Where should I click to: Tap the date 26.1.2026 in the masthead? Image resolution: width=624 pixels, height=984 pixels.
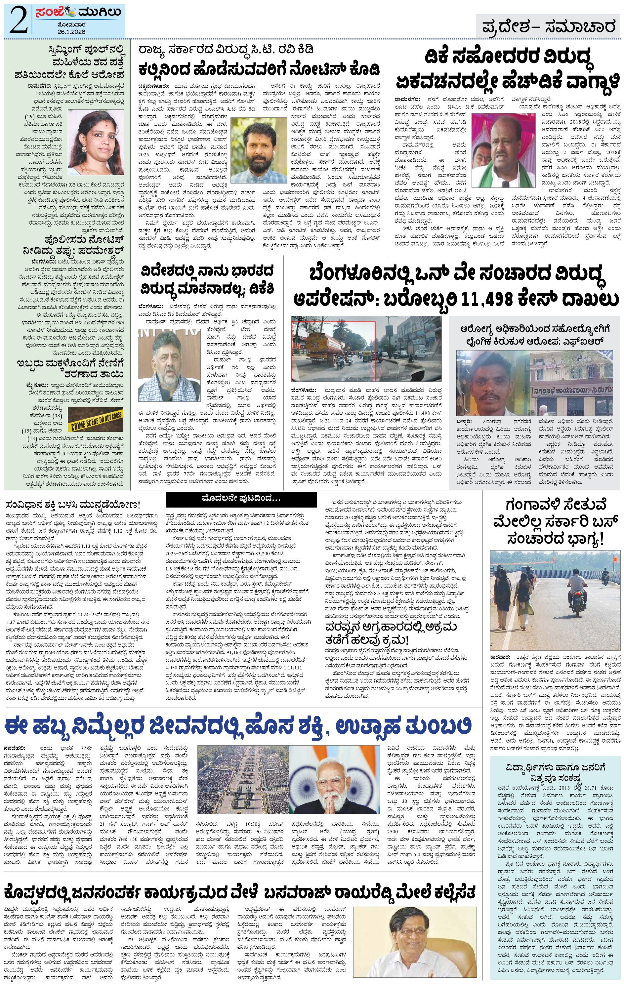(71, 32)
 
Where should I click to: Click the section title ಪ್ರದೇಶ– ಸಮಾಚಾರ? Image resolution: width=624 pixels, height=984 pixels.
(548, 27)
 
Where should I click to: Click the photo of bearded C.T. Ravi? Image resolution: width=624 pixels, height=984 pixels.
(259, 150)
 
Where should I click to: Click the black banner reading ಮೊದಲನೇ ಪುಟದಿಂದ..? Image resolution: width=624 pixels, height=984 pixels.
(241, 499)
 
